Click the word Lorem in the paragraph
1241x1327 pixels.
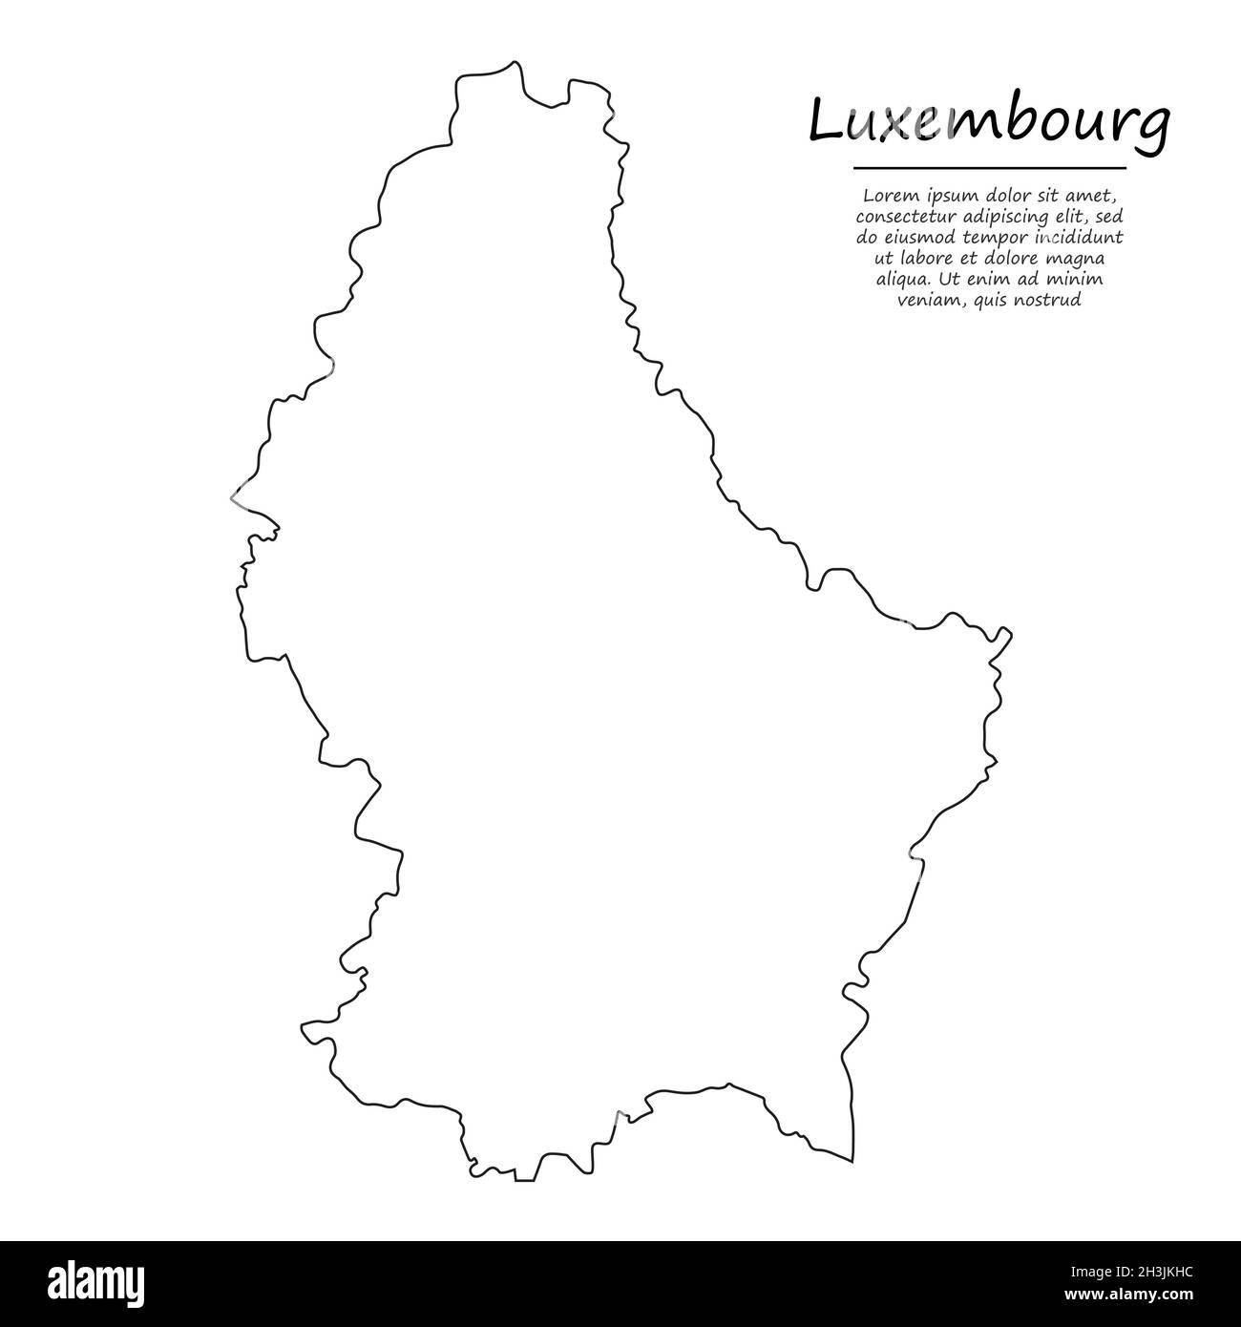[885, 196]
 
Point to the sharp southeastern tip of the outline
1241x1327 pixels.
[852, 1159]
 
